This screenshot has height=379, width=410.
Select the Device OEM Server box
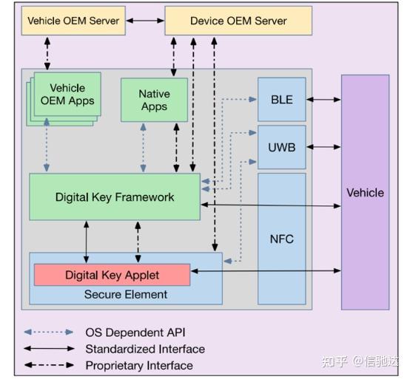point(238,21)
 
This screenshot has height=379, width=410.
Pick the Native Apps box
point(154,100)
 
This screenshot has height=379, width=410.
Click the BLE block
point(281,99)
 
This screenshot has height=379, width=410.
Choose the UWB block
point(281,147)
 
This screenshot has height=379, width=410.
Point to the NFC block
point(281,239)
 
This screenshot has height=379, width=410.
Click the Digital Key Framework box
point(115,197)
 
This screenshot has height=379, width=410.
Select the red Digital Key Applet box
point(112,275)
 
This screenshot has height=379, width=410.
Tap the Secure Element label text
point(125,294)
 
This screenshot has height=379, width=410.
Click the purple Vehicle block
point(365,192)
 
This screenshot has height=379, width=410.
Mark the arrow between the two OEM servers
point(145,21)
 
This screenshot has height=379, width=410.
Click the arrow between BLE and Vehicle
point(323,99)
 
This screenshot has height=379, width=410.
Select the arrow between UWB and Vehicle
point(323,147)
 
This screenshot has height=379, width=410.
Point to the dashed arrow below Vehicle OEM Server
point(47,53)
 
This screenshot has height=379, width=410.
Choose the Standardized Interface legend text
point(144,349)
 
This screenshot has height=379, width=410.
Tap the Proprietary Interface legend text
point(139,365)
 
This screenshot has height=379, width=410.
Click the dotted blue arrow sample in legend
point(49,332)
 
